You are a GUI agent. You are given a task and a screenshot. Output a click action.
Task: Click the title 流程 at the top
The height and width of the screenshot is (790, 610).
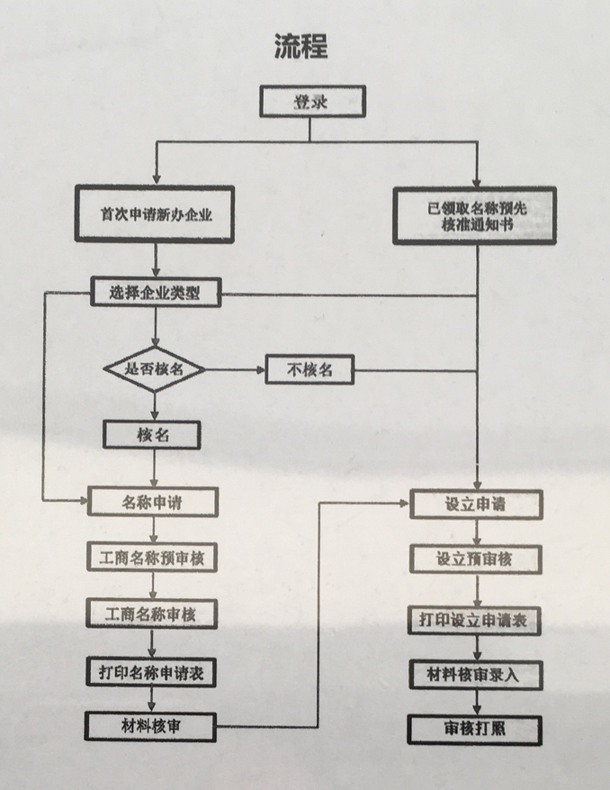[x=301, y=46]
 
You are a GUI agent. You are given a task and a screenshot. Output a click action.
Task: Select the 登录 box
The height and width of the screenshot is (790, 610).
[x=312, y=101]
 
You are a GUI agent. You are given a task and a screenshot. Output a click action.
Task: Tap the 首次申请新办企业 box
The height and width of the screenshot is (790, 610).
[x=155, y=214]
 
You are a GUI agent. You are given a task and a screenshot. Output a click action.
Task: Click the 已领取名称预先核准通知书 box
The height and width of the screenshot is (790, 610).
[x=475, y=215]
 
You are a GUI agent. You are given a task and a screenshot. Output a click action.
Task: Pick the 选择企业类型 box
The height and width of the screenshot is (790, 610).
[x=156, y=292]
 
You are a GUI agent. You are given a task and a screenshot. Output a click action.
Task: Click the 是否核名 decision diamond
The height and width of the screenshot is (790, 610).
[x=154, y=369]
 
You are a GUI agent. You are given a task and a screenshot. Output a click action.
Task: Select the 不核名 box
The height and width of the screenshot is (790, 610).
[x=309, y=370]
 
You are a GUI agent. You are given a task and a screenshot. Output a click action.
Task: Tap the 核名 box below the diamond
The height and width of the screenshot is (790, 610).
[x=152, y=435]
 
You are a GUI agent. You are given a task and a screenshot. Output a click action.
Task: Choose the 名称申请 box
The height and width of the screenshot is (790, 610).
[x=153, y=502]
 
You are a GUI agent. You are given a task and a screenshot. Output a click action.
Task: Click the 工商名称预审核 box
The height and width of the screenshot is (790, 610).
[x=152, y=558]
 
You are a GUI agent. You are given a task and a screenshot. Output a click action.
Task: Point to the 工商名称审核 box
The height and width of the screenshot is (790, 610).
[x=151, y=613]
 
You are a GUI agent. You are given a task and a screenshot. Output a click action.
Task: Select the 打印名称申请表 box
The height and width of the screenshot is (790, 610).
[x=151, y=672]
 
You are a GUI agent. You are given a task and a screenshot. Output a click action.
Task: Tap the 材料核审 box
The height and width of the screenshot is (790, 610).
[x=150, y=727]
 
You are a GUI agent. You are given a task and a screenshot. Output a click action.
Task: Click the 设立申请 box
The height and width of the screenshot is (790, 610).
[x=476, y=504]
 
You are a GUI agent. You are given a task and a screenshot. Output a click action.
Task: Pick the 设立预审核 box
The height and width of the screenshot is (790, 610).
[x=476, y=559]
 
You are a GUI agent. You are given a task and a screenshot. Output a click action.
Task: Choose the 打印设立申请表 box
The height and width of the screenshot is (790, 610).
[x=475, y=621]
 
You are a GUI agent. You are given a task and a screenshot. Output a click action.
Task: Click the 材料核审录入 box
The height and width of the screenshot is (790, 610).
[x=476, y=675]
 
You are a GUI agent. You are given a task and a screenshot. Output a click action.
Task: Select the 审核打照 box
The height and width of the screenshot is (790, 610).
[x=475, y=730]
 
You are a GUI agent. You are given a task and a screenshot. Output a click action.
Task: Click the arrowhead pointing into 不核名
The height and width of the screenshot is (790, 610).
[x=261, y=370]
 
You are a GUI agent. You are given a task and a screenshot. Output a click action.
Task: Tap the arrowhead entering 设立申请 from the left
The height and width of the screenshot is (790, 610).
[x=405, y=503]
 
